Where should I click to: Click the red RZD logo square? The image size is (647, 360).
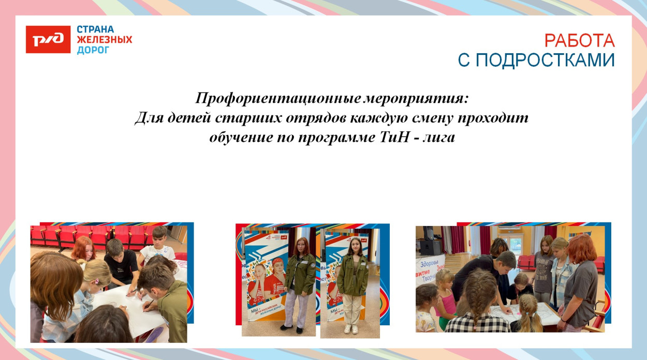pos(48,39)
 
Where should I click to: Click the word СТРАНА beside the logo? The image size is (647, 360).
pos(95,29)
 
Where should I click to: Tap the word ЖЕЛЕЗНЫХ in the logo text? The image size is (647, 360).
pos(105,40)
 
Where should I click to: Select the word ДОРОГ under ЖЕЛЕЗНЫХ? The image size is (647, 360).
pos(93,50)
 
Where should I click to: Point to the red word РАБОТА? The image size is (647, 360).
pos(579,40)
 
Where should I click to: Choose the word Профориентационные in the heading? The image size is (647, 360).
pos(278,98)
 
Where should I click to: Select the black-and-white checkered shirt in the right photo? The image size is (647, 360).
pos(477,323)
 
